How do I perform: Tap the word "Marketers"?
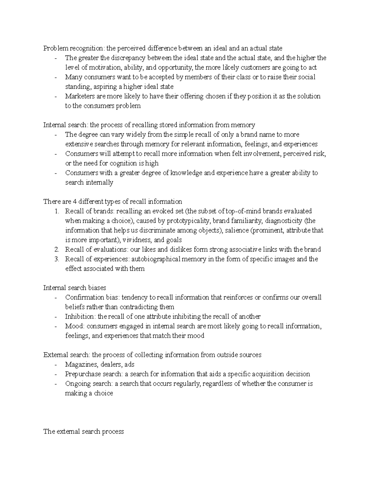coord(80,96)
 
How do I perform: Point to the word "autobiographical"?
coord(156,259)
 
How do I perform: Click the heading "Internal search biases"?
coord(75,288)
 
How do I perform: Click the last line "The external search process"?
coord(84,432)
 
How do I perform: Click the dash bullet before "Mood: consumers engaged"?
coord(55,326)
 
